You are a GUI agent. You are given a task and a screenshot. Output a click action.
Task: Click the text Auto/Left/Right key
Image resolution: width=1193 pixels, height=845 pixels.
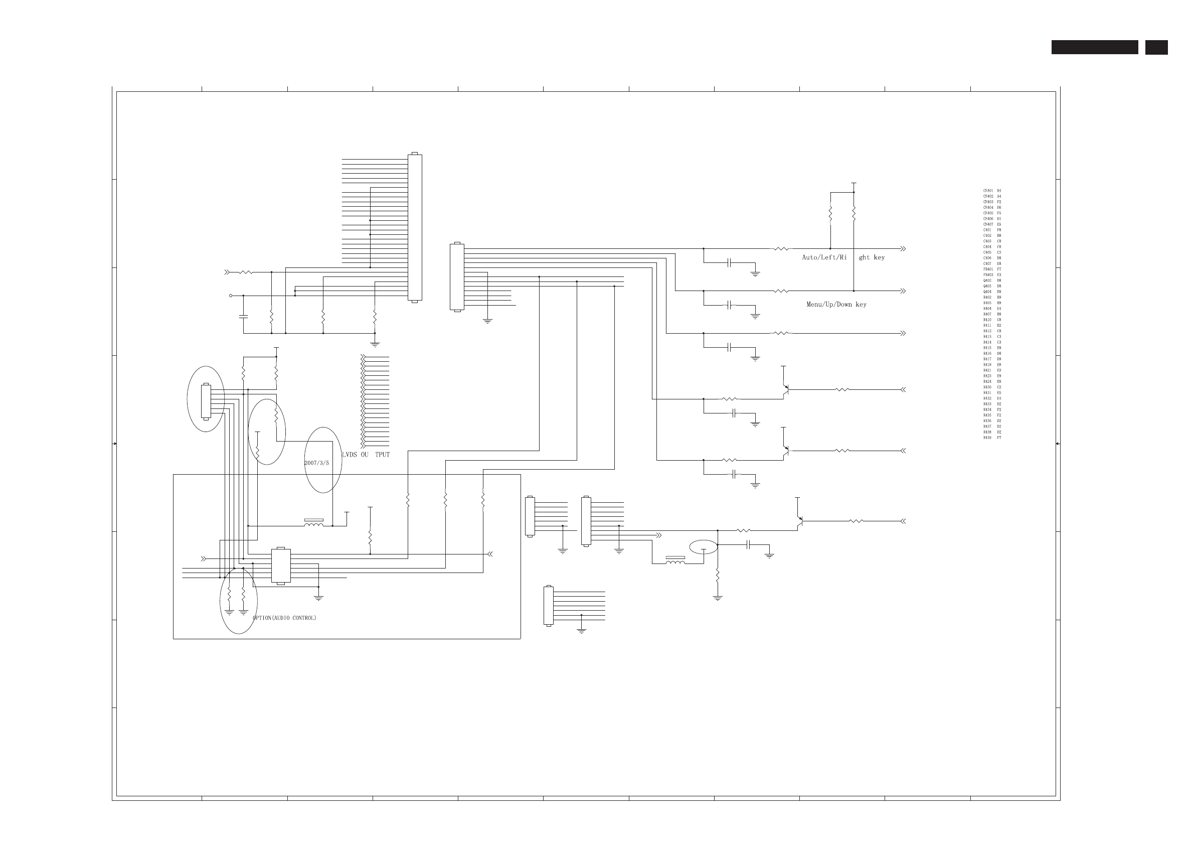843,257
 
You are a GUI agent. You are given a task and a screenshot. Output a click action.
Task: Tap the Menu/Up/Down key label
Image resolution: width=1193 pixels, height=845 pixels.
836,305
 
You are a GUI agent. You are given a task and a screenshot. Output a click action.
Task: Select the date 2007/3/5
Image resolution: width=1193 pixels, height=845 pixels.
316,463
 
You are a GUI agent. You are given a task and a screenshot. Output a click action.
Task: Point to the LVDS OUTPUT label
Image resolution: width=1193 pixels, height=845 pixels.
366,455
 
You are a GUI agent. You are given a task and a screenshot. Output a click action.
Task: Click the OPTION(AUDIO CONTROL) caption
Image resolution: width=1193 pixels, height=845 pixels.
284,618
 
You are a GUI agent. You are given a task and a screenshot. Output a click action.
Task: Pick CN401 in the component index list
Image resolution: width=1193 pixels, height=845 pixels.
988,191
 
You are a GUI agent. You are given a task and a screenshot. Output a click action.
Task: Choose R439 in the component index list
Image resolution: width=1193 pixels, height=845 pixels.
987,438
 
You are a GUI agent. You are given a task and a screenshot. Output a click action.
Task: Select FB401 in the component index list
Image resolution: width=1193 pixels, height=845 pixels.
988,269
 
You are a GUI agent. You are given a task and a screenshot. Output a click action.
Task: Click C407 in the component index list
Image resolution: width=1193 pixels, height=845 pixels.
987,263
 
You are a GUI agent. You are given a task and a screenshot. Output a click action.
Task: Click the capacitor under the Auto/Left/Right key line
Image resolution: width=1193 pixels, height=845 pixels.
729,263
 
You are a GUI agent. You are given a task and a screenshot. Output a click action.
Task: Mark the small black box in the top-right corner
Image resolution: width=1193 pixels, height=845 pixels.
1156,47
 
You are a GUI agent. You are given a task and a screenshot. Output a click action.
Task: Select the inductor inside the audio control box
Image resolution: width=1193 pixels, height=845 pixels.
313,524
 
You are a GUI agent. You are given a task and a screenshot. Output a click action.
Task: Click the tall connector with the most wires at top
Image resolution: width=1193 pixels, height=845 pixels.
415,227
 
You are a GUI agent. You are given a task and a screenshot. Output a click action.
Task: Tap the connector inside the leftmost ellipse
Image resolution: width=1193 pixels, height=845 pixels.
206,400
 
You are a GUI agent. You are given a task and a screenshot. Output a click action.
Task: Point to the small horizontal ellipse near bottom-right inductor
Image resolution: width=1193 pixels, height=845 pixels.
703,547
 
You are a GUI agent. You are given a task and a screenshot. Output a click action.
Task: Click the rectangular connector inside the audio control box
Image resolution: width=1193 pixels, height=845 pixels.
281,566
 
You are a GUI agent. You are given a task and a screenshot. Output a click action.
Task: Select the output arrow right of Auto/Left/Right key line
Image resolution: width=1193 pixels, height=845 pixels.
903,249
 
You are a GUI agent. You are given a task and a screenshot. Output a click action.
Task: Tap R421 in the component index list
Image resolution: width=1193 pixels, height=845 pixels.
987,370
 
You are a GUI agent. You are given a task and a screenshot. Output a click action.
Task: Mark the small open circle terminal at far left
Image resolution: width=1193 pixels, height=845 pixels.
231,296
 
